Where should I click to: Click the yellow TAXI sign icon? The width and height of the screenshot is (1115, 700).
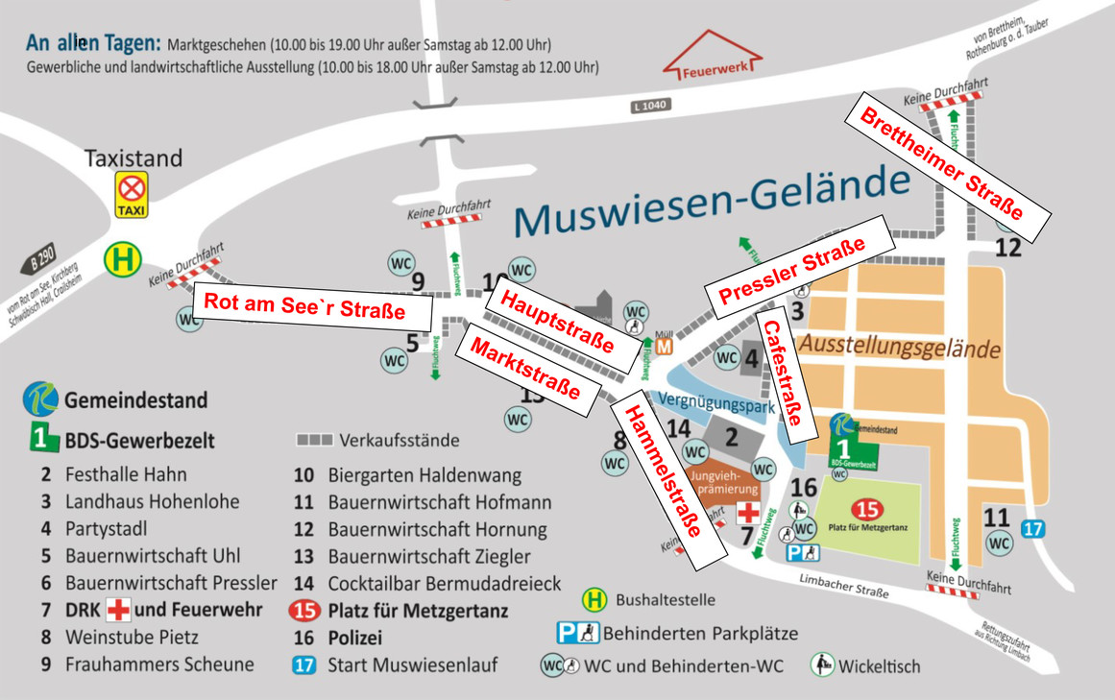coord(132,195)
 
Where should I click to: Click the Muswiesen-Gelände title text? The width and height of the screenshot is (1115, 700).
coord(711,201)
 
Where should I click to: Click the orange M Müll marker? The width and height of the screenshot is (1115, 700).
coord(664,347)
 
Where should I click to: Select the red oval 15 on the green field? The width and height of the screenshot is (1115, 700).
coord(868,510)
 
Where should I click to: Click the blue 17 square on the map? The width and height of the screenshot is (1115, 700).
coord(1032,528)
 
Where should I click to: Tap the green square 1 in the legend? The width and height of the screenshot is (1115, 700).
coord(39,440)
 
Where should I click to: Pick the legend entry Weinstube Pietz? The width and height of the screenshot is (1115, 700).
coord(125,636)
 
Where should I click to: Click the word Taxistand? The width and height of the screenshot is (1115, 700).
coord(133,157)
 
